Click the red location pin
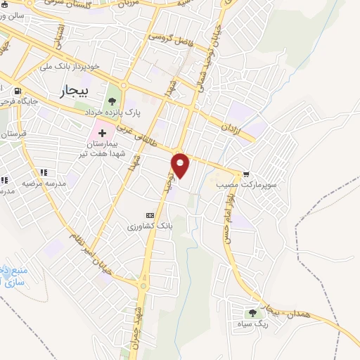pyautogui.click(x=181, y=166)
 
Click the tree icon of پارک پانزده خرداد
pyautogui.click(x=112, y=103)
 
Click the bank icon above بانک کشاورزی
pyautogui.click(x=149, y=215)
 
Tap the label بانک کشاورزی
pyautogui.click(x=149, y=226)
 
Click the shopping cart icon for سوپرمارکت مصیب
pyautogui.click(x=246, y=174)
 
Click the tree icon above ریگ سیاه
pyautogui.click(x=252, y=313)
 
